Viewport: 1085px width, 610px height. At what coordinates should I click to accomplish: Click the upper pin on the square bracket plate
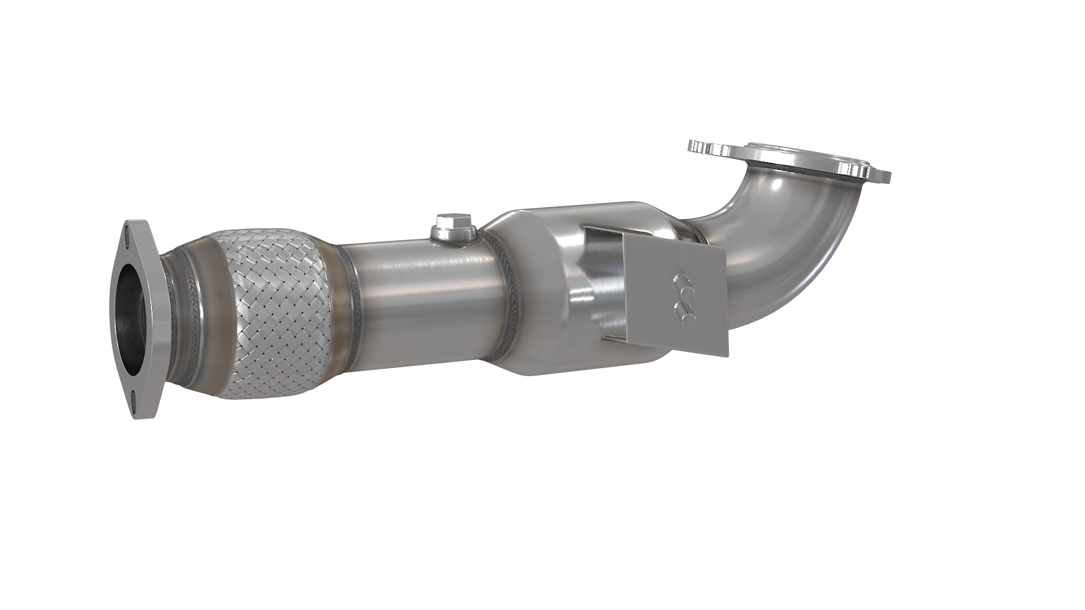click(x=682, y=281)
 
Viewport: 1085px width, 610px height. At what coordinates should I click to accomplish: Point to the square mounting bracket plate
click(x=672, y=294)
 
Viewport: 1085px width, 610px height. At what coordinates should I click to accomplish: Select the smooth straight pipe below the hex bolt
click(x=418, y=294)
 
